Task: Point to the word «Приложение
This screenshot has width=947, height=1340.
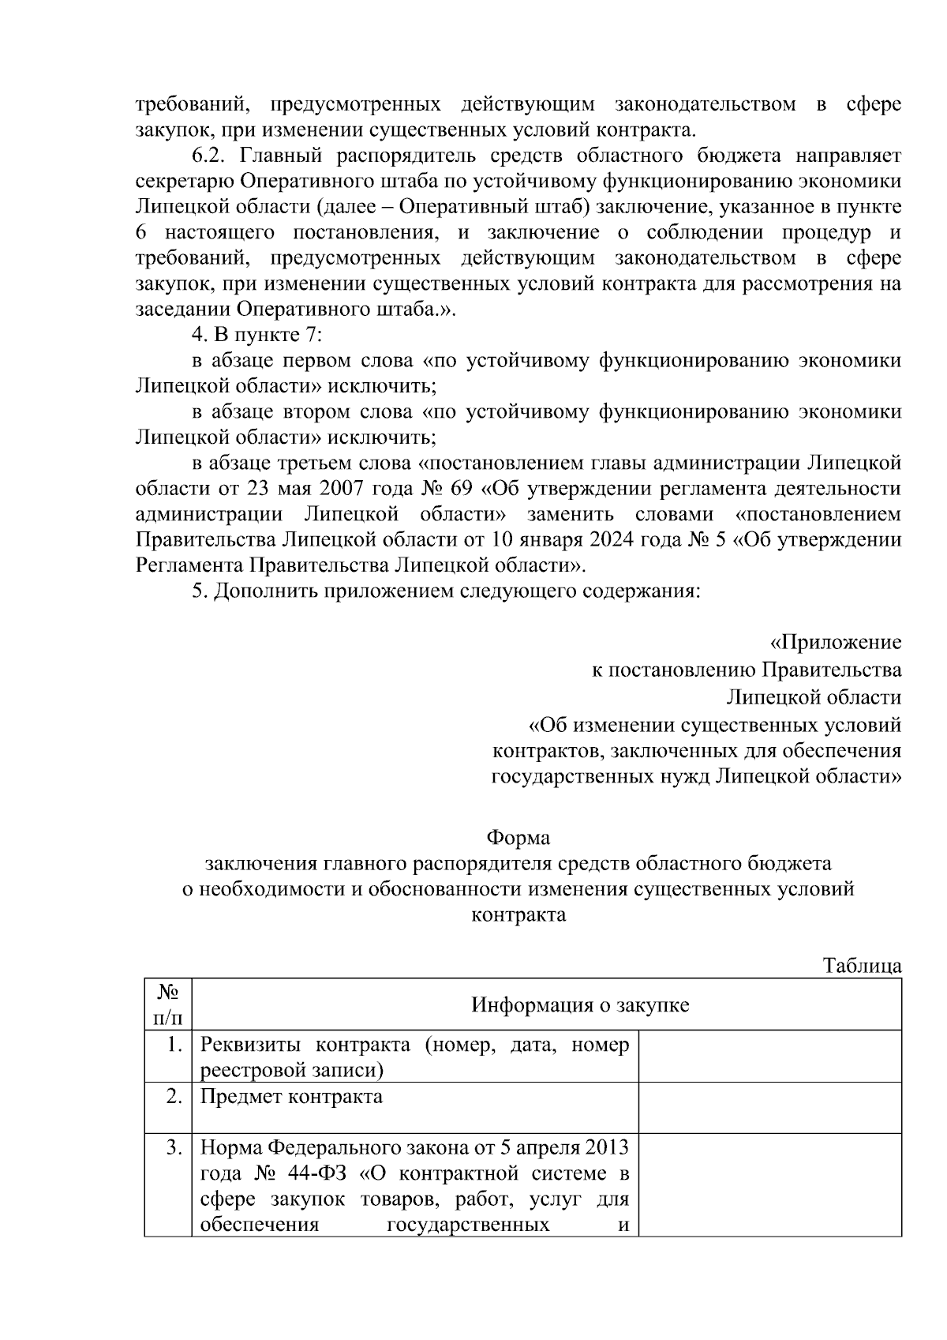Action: pyautogui.click(x=835, y=643)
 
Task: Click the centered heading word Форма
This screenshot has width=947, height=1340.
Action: pyautogui.click(x=518, y=837)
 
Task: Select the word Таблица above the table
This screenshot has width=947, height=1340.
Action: pyautogui.click(x=862, y=966)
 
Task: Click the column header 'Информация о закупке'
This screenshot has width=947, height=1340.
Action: pyautogui.click(x=580, y=1004)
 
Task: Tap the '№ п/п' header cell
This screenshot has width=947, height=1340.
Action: pyautogui.click(x=167, y=1004)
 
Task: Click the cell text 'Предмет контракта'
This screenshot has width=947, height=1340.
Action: pyautogui.click(x=291, y=1097)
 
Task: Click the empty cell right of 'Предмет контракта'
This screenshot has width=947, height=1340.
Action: pyautogui.click(x=769, y=1107)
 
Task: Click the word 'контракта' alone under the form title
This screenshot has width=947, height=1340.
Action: pyautogui.click(x=518, y=915)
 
